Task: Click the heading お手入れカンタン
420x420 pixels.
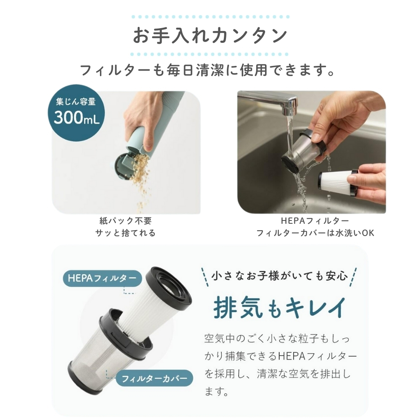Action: pyautogui.click(x=210, y=35)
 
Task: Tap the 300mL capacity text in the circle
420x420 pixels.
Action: pyautogui.click(x=76, y=118)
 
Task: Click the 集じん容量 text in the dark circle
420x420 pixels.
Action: pyautogui.click(x=76, y=102)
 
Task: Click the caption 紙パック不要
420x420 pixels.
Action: pyautogui.click(x=126, y=221)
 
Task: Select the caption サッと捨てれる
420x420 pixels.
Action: pyautogui.click(x=126, y=233)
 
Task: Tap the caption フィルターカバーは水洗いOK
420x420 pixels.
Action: pyautogui.click(x=315, y=233)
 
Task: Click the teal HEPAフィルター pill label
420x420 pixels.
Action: pyautogui.click(x=102, y=278)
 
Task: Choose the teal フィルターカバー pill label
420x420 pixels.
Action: pyautogui.click(x=154, y=378)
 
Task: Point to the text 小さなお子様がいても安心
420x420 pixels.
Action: pyautogui.click(x=279, y=276)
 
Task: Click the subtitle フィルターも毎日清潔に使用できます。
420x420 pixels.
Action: pyautogui.click(x=207, y=70)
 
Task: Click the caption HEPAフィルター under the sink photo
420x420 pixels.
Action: pyautogui.click(x=315, y=221)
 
